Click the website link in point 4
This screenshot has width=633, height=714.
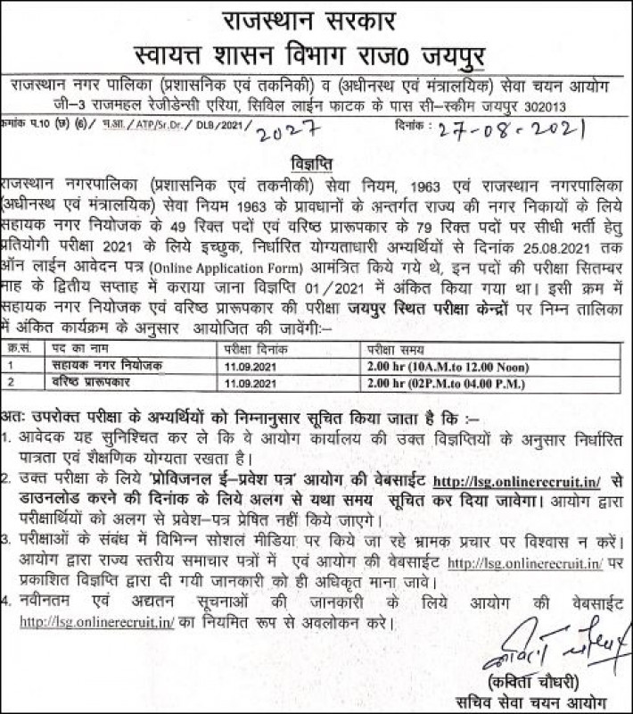(97, 621)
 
